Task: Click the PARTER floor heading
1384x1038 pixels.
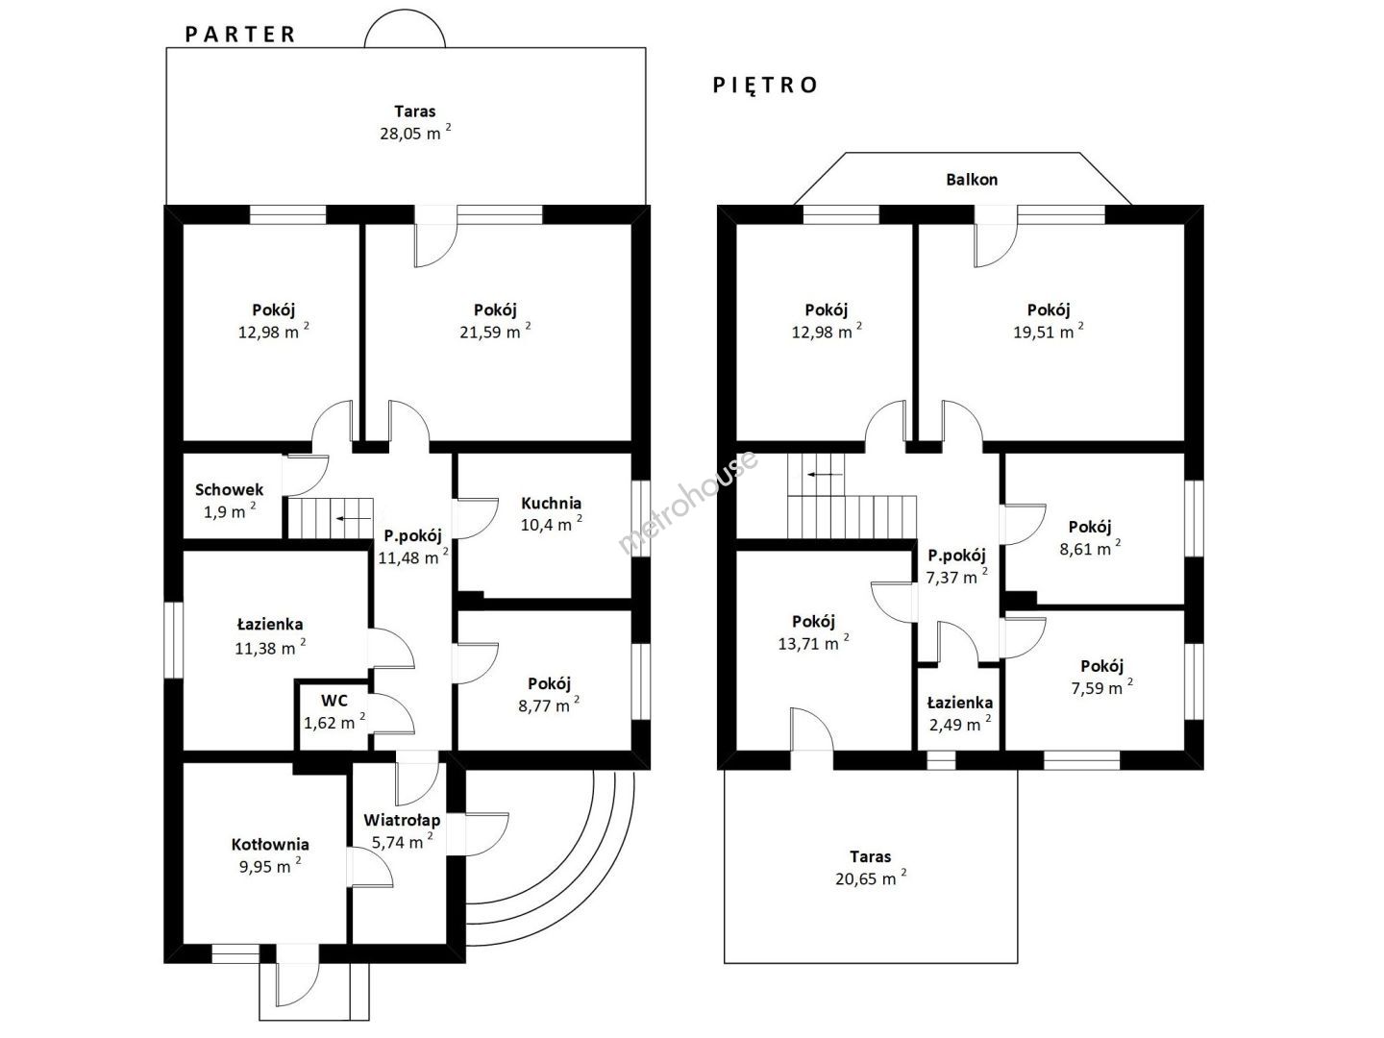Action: pos(239,35)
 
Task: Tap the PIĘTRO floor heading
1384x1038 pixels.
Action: pos(765,86)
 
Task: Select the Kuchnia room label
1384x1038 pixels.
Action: pos(551,503)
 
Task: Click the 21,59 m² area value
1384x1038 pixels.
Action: pos(495,331)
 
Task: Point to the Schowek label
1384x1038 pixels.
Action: pos(230,490)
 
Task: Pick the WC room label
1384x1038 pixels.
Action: pos(334,701)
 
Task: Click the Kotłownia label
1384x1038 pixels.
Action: pos(270,845)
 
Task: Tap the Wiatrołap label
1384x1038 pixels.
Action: pos(402,821)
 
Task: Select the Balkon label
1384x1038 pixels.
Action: pos(972,180)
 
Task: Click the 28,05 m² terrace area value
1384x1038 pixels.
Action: pos(415,133)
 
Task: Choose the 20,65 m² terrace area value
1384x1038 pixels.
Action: pos(871,877)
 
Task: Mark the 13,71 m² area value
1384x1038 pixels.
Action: pos(813,643)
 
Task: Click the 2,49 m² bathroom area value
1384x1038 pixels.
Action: pos(960,724)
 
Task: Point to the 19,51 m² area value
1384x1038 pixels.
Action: pos(1049,331)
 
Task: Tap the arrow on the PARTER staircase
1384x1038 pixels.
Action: pos(353,519)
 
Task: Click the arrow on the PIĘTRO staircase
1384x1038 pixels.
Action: pos(826,474)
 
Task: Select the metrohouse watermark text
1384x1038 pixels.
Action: pos(688,503)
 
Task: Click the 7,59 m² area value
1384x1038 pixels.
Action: pos(1101,687)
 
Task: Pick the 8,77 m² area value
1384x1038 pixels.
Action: pos(549,704)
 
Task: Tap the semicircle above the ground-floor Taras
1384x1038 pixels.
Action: pos(405,10)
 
